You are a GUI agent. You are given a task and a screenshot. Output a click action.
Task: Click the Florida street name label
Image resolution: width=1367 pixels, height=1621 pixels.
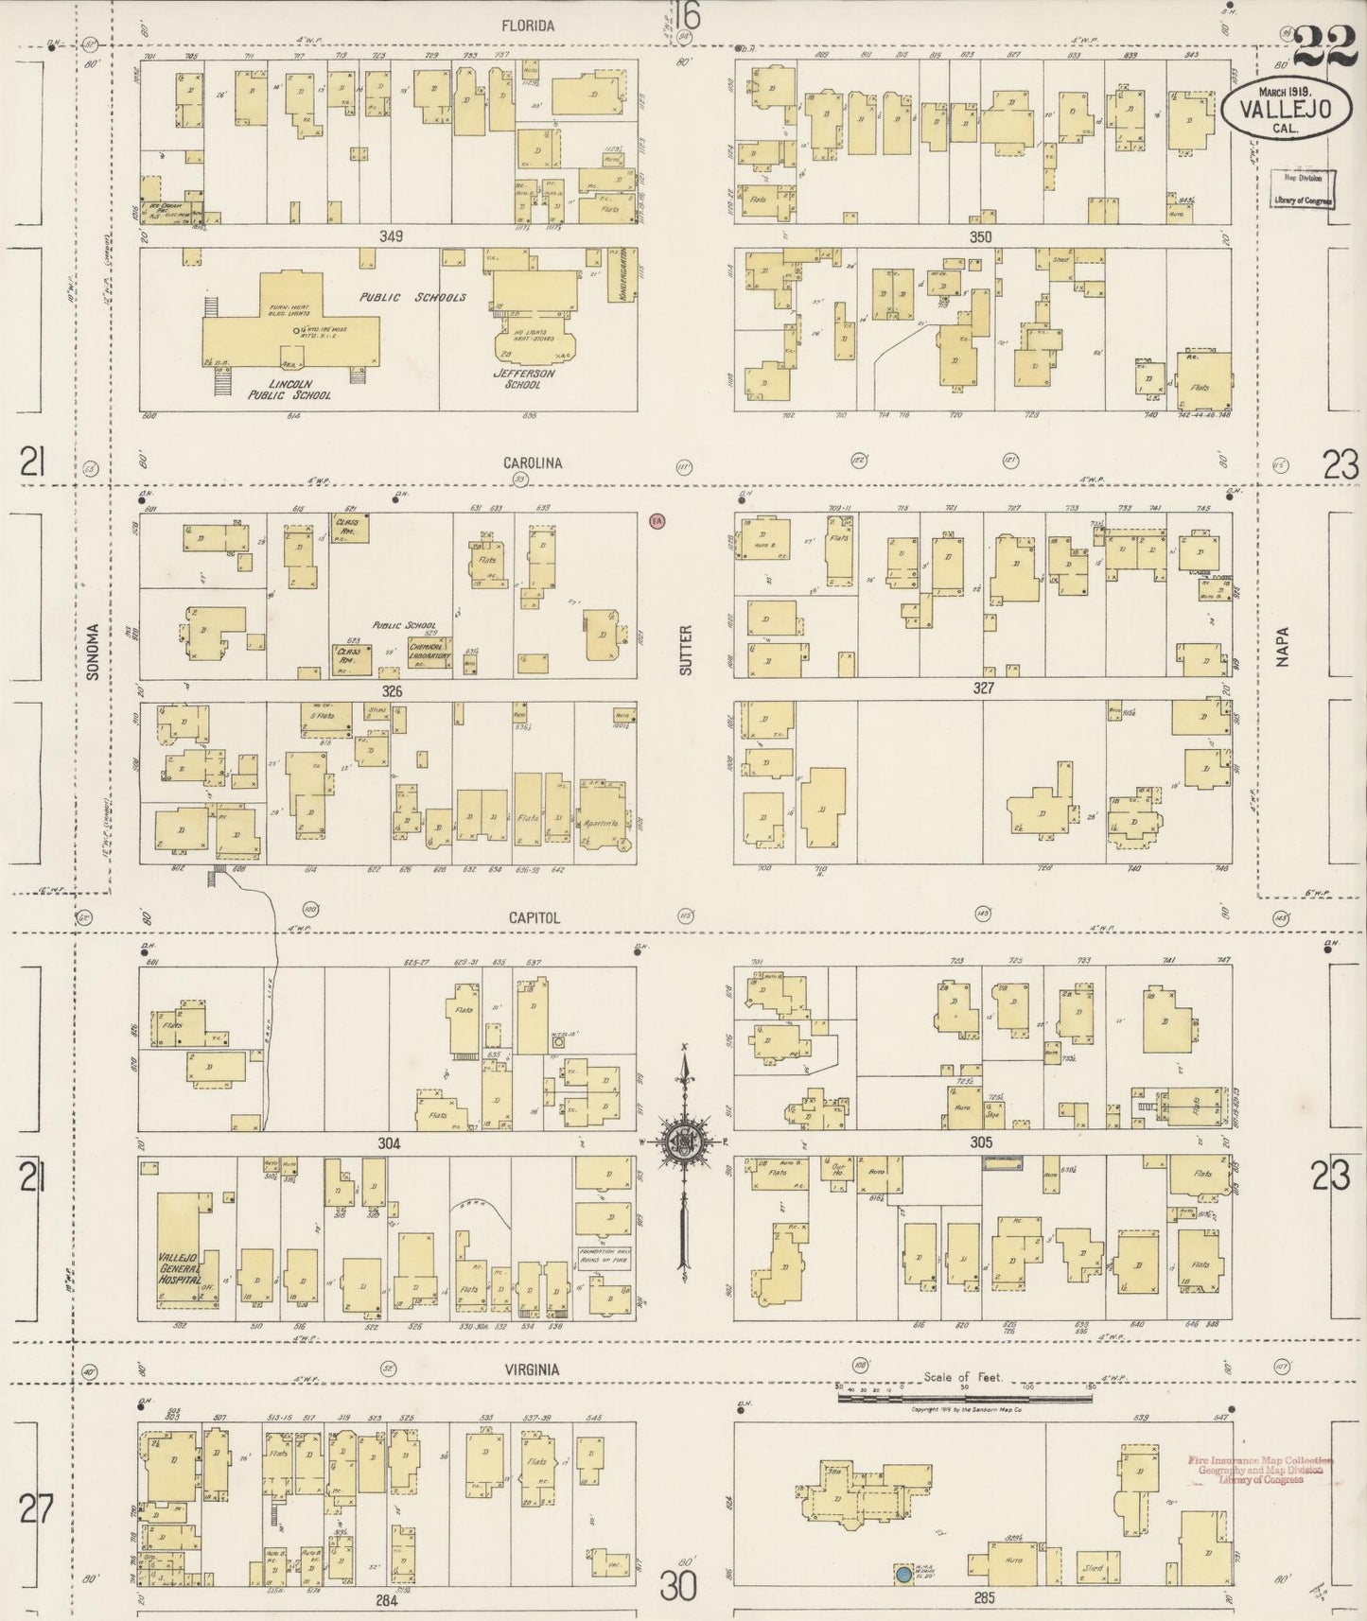[529, 26]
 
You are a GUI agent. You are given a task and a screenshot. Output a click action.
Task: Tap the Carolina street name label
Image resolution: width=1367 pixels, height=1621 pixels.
[533, 463]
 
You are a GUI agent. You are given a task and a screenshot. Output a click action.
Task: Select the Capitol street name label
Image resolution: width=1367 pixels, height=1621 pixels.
[535, 917]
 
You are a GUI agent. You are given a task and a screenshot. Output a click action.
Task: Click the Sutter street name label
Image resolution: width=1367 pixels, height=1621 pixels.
[686, 649]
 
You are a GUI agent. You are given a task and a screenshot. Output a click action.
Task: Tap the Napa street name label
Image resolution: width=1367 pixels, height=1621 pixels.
[1283, 649]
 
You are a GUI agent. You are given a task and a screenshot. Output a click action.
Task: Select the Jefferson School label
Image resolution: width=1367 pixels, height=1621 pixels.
[523, 378]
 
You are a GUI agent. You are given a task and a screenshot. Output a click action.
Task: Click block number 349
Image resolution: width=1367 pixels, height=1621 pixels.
[390, 236]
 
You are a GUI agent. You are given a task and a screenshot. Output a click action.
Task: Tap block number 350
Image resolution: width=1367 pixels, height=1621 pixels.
[980, 236]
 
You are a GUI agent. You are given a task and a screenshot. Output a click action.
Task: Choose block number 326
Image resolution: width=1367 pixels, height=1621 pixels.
[392, 691]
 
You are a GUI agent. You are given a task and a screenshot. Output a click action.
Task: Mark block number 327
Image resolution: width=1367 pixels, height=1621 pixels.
[984, 689]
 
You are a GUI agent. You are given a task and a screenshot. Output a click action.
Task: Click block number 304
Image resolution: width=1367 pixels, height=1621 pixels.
[389, 1143]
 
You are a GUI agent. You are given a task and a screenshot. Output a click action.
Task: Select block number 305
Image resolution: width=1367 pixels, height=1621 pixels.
[981, 1142]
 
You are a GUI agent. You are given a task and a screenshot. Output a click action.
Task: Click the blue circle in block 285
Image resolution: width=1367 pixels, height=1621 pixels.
[903, 1575]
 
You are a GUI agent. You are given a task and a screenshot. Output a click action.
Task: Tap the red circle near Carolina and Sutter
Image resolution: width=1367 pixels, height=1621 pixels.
[657, 520]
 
